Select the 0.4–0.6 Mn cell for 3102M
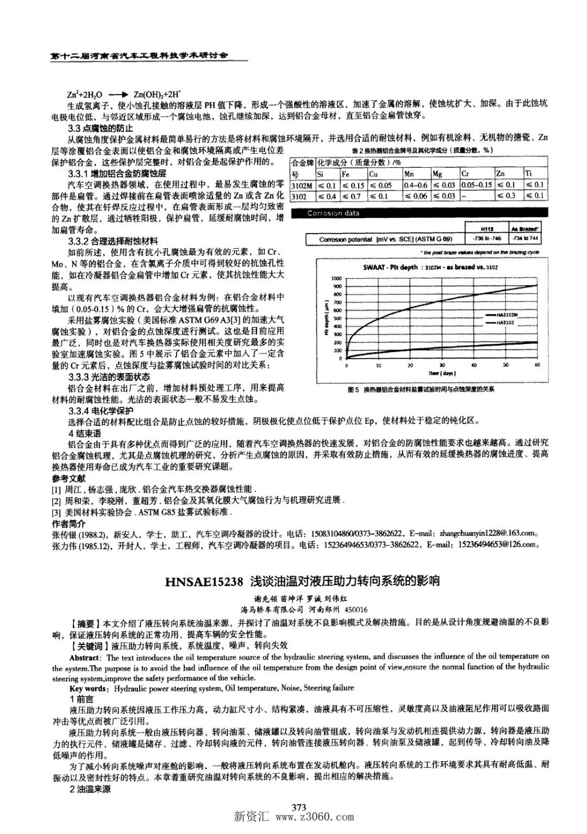pos(416,185)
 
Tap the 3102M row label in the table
pos(302,185)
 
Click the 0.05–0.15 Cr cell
pos(476,185)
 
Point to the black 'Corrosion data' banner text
pos(333,213)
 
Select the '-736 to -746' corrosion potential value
pos(487,239)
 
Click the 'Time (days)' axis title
pos(441,373)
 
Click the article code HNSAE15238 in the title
pos(204,582)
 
